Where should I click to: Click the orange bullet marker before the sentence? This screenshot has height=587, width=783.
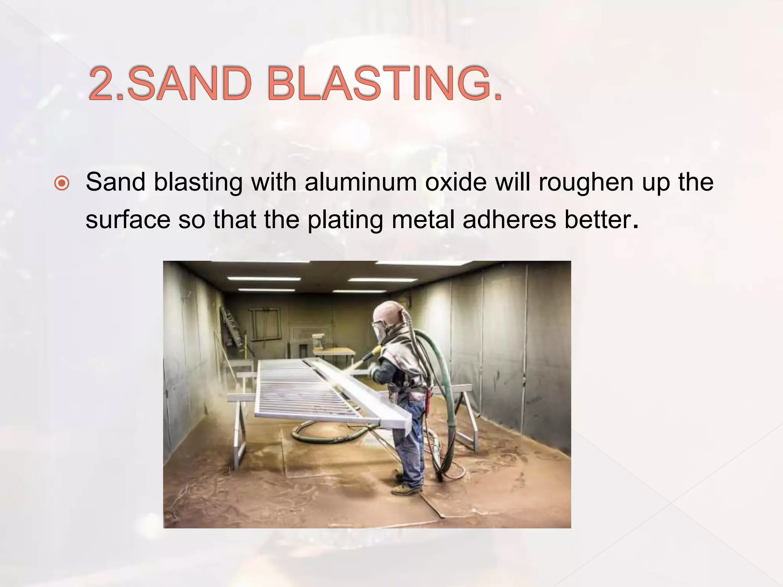[x=62, y=183]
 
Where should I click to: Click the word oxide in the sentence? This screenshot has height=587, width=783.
[x=456, y=182]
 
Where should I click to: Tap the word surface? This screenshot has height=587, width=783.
[x=128, y=220]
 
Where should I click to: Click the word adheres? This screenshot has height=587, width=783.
[x=509, y=220]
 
